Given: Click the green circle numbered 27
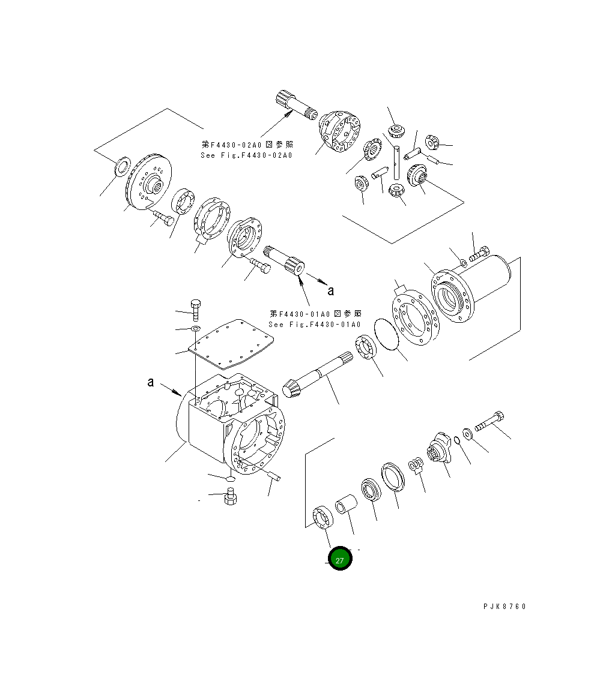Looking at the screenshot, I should pos(340,559).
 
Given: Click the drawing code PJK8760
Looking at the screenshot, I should pos(504,607).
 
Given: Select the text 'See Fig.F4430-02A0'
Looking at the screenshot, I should pos(246,155).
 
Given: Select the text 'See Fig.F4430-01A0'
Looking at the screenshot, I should pos(315,324).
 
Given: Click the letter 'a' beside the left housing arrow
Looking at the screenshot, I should pos(151,382).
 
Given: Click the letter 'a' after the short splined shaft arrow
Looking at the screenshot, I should pos(330,291).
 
